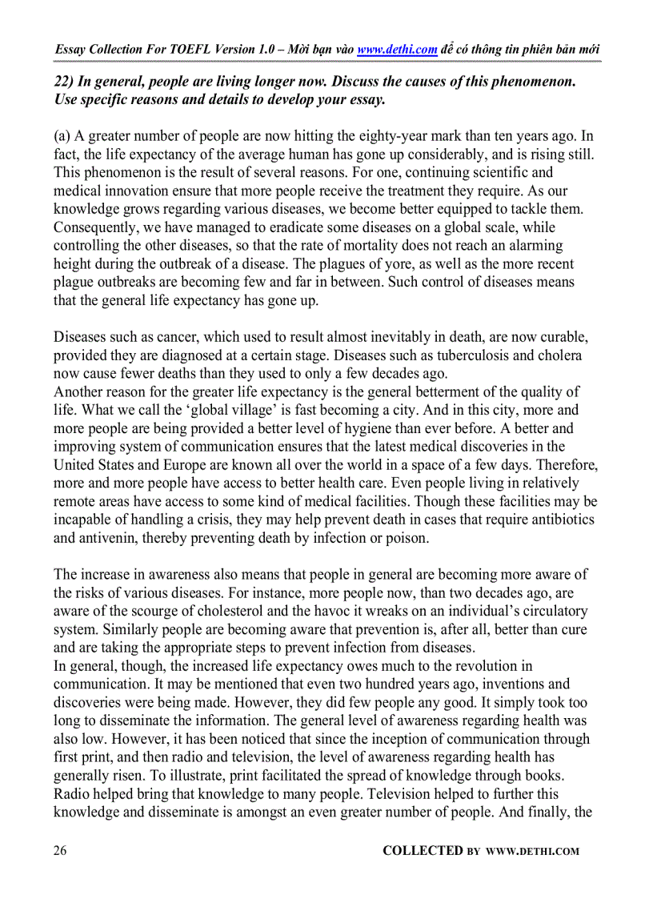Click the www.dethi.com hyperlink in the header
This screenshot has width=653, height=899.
point(397,49)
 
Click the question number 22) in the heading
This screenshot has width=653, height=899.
point(65,82)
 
